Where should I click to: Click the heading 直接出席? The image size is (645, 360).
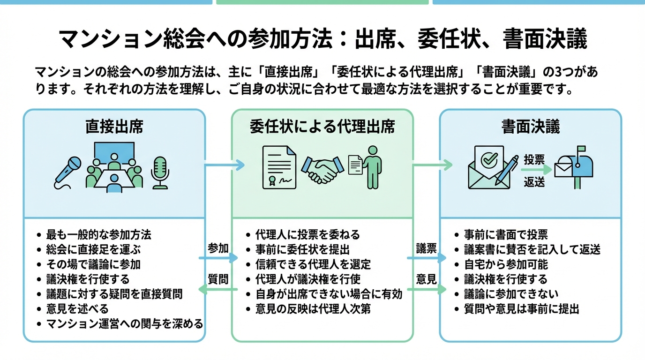(x=114, y=127)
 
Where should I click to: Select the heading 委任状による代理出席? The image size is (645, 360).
(x=322, y=127)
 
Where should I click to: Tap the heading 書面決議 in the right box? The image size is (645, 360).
(x=531, y=127)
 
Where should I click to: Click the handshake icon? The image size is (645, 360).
(x=321, y=169)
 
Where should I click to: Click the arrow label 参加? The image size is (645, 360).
(x=218, y=248)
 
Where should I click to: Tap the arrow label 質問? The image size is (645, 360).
(x=218, y=279)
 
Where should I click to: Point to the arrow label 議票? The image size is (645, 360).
(x=426, y=248)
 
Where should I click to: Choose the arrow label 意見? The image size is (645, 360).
(x=426, y=279)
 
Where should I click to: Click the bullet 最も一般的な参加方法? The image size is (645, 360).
(x=98, y=234)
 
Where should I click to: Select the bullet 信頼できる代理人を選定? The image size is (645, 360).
(x=313, y=264)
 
